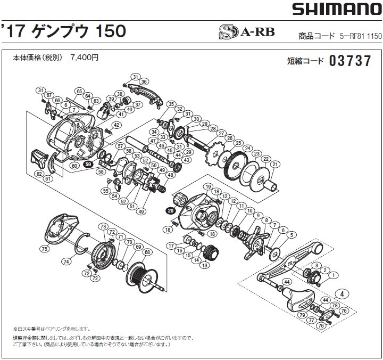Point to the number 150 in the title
coord(110,31)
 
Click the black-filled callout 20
coord(170,210)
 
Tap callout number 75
coord(44,249)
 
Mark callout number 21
coord(274,165)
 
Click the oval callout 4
coord(343,293)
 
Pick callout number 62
coord(39,174)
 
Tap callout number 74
coord(66,261)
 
